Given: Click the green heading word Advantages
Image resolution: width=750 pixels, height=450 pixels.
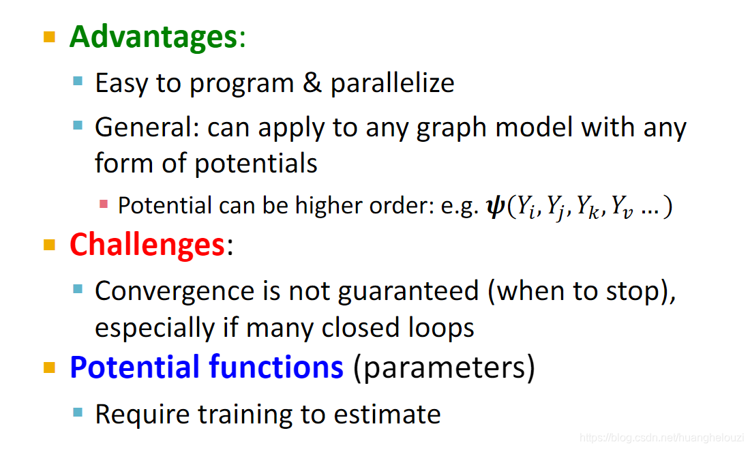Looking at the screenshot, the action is pyautogui.click(x=153, y=37).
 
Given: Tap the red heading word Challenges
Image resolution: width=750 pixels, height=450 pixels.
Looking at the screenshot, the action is pyautogui.click(x=147, y=245).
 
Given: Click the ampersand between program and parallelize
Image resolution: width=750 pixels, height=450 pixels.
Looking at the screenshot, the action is pyautogui.click(x=312, y=82).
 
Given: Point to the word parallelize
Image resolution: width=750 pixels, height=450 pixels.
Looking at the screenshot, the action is pyautogui.click(x=392, y=84).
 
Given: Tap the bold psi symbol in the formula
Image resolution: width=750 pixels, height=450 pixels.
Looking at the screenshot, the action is pyautogui.click(x=495, y=206).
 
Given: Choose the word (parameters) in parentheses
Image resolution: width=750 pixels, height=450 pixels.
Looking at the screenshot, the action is pyautogui.click(x=444, y=368).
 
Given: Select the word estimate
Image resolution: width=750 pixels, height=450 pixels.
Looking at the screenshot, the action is pyautogui.click(x=387, y=415).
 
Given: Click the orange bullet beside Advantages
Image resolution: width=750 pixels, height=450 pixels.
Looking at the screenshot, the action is pyautogui.click(x=49, y=37).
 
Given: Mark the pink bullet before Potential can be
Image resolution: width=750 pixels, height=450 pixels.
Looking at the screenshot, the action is pyautogui.click(x=104, y=205).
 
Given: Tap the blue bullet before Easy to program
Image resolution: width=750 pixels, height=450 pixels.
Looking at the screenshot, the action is pyautogui.click(x=78, y=81).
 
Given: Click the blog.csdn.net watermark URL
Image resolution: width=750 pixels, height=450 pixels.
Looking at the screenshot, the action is pyautogui.click(x=661, y=438).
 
